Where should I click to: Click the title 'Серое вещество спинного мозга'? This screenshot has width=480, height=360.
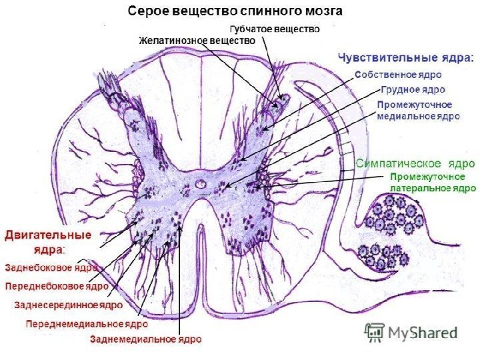pyautogui.click(x=236, y=12)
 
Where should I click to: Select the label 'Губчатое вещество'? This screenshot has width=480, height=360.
pyautogui.click(x=275, y=29)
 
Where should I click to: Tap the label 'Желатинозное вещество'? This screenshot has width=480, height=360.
pyautogui.click(x=197, y=41)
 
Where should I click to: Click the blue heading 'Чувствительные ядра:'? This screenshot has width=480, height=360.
pyautogui.click(x=406, y=57)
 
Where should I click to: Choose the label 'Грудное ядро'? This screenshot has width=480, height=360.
pyautogui.click(x=414, y=89)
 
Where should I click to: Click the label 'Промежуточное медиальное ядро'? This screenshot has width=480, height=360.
pyautogui.click(x=418, y=110)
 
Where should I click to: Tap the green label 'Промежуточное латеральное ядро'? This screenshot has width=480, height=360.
pyautogui.click(x=432, y=183)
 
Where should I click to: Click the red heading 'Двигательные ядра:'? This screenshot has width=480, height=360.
pyautogui.click(x=48, y=241)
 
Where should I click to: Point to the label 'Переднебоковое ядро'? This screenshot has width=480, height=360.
pyautogui.click(x=57, y=286)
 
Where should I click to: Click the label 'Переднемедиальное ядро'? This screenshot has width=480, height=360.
pyautogui.click(x=87, y=324)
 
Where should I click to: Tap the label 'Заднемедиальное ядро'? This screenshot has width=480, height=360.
pyautogui.click(x=145, y=339)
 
